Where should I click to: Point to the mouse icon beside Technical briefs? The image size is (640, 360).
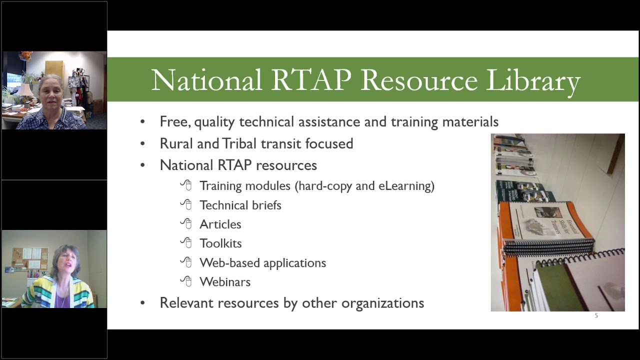click(186, 204)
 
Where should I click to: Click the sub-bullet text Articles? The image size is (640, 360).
click(220, 224)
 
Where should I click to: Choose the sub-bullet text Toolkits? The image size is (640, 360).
click(220, 243)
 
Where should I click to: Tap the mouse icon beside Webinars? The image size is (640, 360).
click(186, 281)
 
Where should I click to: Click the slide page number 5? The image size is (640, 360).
click(596, 315)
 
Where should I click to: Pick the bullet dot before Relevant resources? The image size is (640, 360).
click(142, 303)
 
